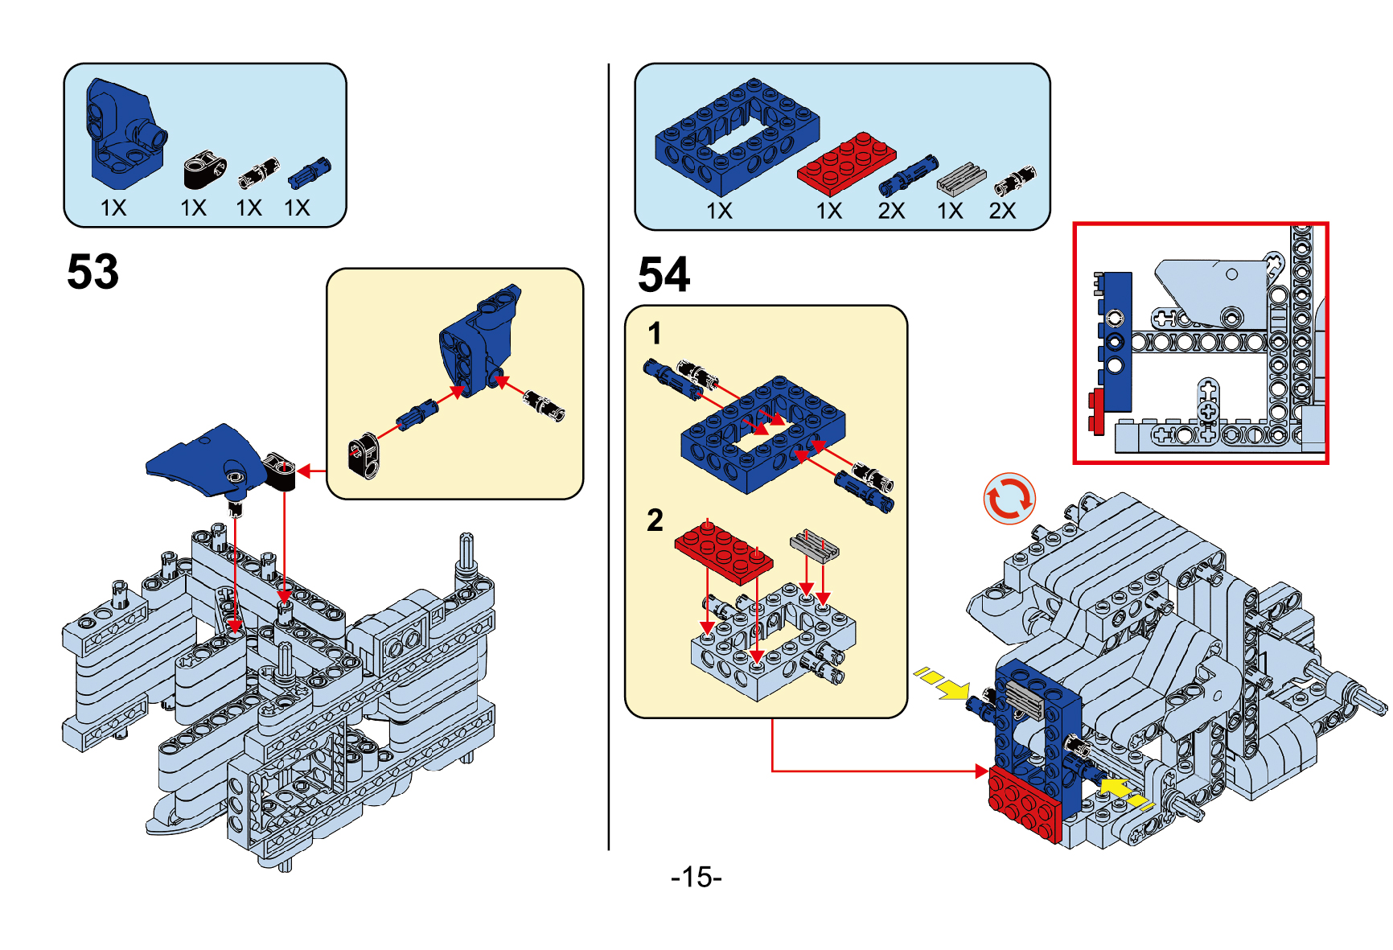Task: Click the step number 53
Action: pos(92,272)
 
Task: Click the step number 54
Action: pos(664,275)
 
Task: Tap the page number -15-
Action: pos(696,877)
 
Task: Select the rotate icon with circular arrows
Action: pos(1009,499)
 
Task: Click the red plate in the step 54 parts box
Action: pos(846,163)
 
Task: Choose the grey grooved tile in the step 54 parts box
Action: pos(961,179)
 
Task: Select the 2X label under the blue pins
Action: pos(891,211)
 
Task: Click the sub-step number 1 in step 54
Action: pos(655,333)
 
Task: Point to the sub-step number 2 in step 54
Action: pos(655,520)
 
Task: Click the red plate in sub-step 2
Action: pos(723,550)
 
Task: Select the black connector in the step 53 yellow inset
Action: pos(364,455)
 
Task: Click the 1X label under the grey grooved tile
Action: pos(950,211)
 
